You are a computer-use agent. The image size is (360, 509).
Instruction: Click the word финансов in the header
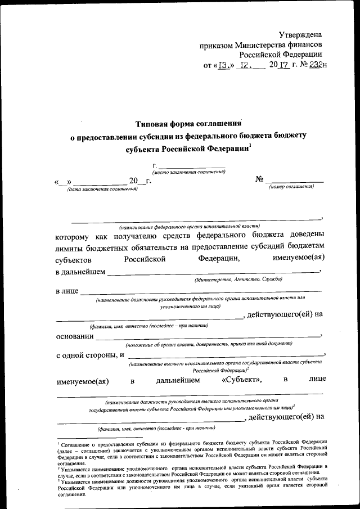point(303,44)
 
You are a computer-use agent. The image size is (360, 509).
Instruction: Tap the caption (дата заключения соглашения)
point(102,189)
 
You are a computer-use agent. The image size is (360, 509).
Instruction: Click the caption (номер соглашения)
point(291,186)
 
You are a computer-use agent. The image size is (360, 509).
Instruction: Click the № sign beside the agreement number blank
point(260,179)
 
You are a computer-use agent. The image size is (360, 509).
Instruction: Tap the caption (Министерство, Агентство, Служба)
point(239,279)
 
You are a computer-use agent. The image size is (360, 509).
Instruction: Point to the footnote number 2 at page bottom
point(58,466)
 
